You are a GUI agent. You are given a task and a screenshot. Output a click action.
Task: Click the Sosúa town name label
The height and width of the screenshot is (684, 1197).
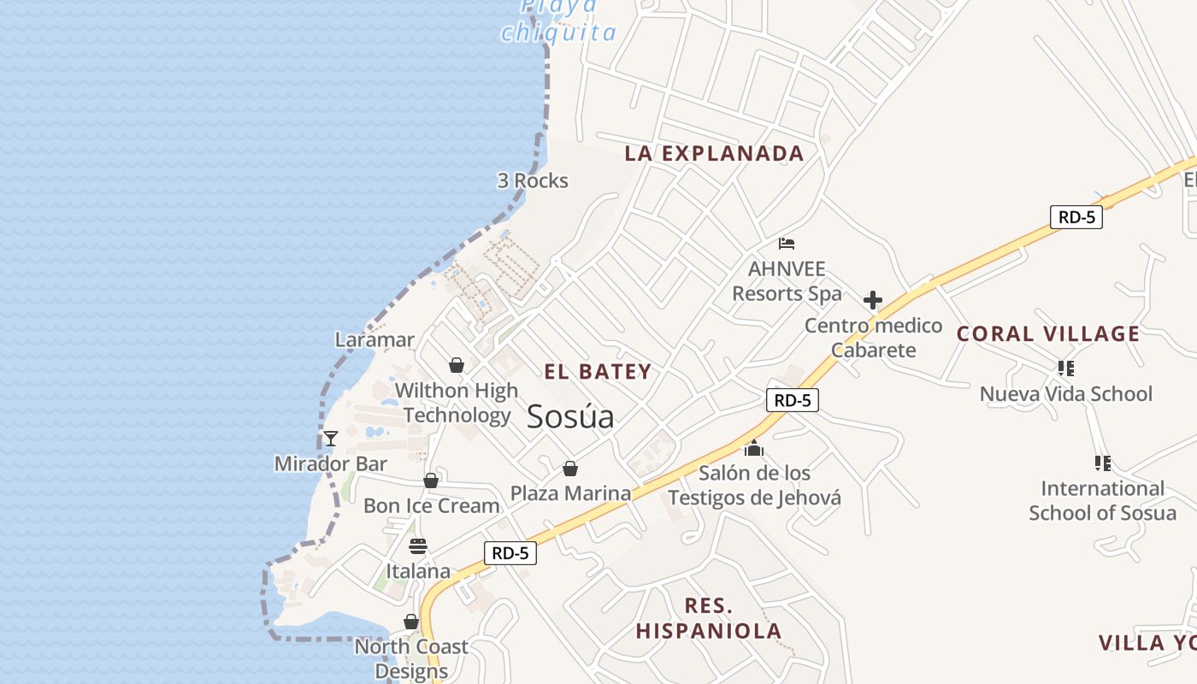click(x=570, y=416)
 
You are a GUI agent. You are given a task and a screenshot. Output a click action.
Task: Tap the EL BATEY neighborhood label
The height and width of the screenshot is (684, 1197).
click(x=598, y=372)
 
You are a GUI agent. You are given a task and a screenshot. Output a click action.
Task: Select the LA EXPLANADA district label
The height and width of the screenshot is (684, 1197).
click(x=714, y=154)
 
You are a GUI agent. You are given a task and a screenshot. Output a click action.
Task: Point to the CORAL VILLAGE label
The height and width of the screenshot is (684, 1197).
click(x=1048, y=334)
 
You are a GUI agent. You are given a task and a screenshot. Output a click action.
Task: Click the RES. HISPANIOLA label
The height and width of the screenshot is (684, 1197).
click(x=709, y=619)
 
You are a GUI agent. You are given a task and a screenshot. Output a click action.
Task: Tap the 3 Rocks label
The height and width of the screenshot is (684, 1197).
click(x=533, y=180)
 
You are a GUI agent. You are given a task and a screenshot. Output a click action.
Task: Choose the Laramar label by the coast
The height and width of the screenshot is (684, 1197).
click(x=374, y=339)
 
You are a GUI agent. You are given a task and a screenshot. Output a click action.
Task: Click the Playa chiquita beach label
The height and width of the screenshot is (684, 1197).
click(x=559, y=21)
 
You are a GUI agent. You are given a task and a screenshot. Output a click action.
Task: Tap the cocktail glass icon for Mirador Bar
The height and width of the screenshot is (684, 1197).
click(x=331, y=439)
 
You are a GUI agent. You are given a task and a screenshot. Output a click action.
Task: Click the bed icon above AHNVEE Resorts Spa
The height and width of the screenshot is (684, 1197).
click(x=787, y=244)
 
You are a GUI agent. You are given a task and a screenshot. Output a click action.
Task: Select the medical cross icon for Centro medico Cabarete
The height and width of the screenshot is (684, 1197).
click(x=873, y=300)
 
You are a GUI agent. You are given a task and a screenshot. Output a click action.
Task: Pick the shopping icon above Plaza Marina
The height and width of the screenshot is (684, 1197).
click(x=570, y=469)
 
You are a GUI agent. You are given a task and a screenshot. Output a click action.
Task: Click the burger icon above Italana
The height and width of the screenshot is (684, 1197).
click(x=418, y=545)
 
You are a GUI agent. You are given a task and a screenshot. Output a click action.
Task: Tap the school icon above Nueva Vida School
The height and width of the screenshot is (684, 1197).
click(x=1065, y=369)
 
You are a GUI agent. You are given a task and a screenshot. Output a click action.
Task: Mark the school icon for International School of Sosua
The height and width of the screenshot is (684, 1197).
click(x=1102, y=463)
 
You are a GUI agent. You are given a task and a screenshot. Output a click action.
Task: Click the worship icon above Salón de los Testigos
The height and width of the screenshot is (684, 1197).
click(x=754, y=447)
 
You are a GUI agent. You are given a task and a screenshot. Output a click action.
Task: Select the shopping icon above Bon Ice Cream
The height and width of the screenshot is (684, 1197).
click(x=431, y=481)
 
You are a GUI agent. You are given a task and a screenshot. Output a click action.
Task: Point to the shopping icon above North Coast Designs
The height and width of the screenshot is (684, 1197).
click(x=411, y=622)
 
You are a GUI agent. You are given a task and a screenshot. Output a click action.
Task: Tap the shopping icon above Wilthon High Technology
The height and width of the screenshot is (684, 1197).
click(x=457, y=365)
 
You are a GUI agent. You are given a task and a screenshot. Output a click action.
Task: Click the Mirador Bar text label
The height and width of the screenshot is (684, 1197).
click(x=331, y=464)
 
